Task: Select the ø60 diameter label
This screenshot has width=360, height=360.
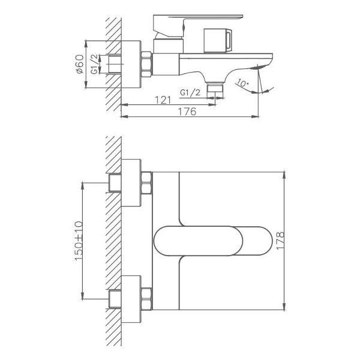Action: tap(80, 64)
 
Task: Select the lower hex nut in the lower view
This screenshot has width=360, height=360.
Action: tap(146, 298)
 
